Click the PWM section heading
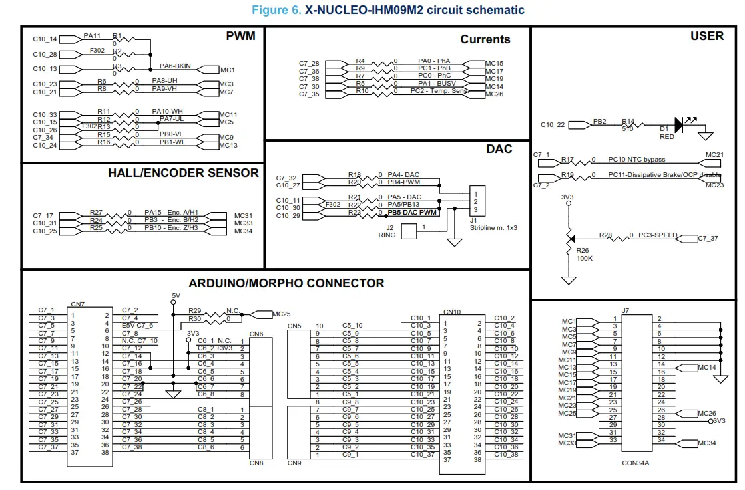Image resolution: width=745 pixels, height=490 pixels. pos(240,36)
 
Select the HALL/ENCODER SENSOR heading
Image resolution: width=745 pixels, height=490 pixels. pos(183,173)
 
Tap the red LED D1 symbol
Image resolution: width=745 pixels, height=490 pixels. pos(679,124)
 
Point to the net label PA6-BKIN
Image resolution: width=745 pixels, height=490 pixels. pos(176,66)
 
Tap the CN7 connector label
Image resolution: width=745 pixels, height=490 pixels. pos(77,305)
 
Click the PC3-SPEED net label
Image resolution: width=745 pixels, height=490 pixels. pos(658,235)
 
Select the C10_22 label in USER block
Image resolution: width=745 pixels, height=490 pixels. pos(553,125)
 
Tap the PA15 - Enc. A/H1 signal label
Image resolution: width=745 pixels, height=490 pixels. pos(171,211)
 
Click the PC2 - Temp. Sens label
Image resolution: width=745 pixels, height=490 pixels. pos(439,91)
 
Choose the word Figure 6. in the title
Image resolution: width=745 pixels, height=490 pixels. pos(276,10)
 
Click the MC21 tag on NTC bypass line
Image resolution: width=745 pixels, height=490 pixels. pos(714,155)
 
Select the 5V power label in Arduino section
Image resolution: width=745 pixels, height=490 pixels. pos(176,295)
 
